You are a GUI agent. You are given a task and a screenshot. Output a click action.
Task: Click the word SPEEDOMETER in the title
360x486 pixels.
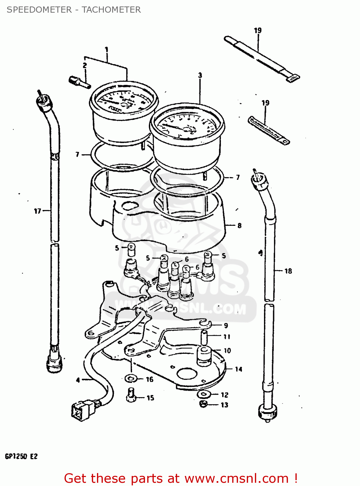[x=39, y=10]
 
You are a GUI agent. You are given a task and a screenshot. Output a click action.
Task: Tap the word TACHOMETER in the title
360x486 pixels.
[x=111, y=10]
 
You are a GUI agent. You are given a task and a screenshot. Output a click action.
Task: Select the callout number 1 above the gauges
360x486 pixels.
[x=106, y=50]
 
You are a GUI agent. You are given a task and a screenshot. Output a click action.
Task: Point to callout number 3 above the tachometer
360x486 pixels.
[x=200, y=75]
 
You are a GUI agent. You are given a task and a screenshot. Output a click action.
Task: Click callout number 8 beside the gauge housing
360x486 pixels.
[x=239, y=226]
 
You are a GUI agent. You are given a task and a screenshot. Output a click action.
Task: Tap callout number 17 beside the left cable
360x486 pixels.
[x=38, y=211]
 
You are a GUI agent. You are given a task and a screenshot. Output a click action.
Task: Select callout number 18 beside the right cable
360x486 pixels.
[x=288, y=271]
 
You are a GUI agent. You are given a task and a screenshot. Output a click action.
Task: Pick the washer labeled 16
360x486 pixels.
[x=131, y=378]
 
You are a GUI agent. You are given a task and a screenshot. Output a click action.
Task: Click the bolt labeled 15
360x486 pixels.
[x=131, y=395]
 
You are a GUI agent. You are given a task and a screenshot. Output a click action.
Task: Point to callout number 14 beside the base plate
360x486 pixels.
[x=238, y=369]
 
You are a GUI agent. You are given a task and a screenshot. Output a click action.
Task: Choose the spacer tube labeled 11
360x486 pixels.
[x=204, y=337]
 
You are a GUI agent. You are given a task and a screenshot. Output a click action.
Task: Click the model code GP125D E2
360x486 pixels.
[x=21, y=456]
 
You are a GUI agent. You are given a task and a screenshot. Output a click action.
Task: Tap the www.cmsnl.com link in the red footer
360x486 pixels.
[x=237, y=478]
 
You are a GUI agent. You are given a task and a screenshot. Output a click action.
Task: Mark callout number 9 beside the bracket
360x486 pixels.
[x=226, y=326]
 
